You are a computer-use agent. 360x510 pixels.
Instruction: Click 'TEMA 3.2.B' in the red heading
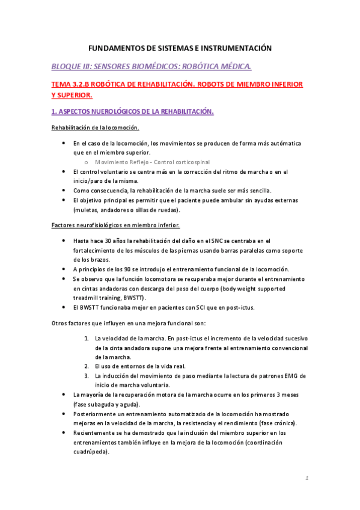click(74, 84)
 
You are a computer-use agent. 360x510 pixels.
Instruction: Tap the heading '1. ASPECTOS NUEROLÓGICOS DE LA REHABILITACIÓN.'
click(132, 111)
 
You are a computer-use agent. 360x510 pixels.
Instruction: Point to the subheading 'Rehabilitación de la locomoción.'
click(96, 127)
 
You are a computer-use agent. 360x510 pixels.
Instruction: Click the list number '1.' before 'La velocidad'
click(87, 339)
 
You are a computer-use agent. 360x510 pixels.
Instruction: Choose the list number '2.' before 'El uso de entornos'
click(87, 366)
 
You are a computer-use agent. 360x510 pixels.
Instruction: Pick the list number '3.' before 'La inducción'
click(87, 375)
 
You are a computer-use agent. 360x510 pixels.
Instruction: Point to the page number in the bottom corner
click(307, 479)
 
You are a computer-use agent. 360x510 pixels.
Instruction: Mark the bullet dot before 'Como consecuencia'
click(65, 191)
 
